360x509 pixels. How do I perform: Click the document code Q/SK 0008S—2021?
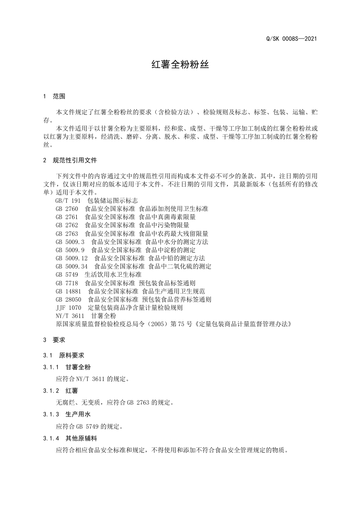(x=291, y=39)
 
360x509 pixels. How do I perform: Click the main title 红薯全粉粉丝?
(x=180, y=64)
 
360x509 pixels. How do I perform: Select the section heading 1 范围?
(x=54, y=96)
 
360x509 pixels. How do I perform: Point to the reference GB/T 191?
(x=68, y=201)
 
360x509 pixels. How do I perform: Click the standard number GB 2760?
(x=67, y=209)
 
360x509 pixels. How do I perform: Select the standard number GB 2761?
(x=67, y=217)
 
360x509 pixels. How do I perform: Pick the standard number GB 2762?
(x=67, y=225)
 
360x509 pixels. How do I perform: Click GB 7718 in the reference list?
(x=67, y=283)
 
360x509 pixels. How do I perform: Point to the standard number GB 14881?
(x=68, y=291)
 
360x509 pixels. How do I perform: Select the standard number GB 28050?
(x=68, y=299)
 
